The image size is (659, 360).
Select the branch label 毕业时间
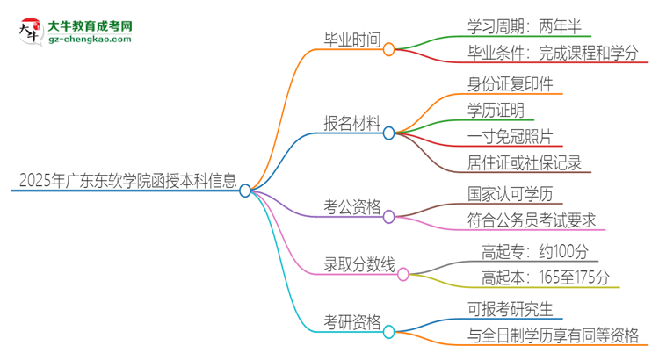(x=351, y=40)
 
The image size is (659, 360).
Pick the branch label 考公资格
(x=351, y=208)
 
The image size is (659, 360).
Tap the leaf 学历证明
(x=496, y=111)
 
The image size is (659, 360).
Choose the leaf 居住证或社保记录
(x=525, y=162)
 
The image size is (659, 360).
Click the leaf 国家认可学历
(x=511, y=193)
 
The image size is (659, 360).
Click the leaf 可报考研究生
(x=511, y=308)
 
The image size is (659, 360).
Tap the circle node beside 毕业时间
(x=388, y=49)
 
